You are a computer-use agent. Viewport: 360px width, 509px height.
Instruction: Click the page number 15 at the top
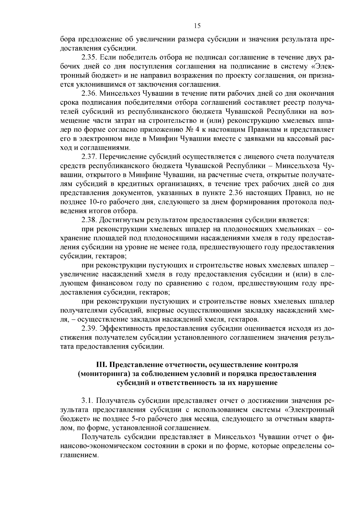click(197, 26)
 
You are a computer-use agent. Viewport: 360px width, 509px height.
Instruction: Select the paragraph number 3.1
click(87, 401)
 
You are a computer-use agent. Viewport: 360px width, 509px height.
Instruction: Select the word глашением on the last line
click(79, 455)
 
